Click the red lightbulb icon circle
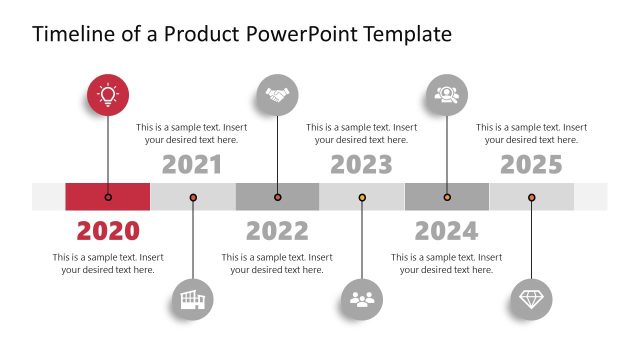click(108, 95)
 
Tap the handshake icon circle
click(277, 95)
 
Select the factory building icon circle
click(192, 298)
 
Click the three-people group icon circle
click(362, 298)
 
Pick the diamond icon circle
click(531, 298)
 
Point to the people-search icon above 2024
click(446, 95)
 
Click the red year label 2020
click(108, 231)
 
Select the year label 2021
click(192, 164)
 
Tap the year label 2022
click(277, 231)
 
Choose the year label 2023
click(362, 164)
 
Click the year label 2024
click(446, 231)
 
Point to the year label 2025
click(531, 164)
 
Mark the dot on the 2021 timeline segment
click(193, 197)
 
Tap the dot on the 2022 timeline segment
click(277, 197)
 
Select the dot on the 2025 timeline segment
click(531, 197)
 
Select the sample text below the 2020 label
click(108, 263)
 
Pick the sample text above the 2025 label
click(531, 133)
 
